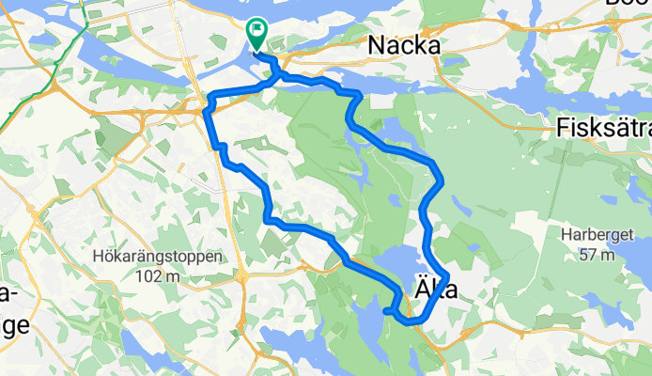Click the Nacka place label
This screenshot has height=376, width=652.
(x=404, y=44)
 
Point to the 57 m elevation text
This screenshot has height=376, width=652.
(x=598, y=255)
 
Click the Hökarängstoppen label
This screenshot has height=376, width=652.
(x=158, y=256)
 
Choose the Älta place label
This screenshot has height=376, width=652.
(x=436, y=291)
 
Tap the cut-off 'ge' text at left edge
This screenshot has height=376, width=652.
(x=14, y=326)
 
